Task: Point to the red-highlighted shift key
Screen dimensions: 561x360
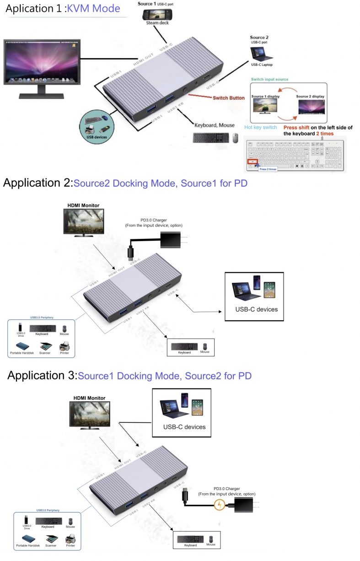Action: (252, 162)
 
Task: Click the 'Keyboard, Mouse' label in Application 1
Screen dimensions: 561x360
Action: (214, 125)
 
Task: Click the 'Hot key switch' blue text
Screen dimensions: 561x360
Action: (260, 127)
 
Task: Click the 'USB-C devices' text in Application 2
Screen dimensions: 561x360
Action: (256, 309)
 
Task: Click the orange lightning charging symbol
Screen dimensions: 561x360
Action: (220, 505)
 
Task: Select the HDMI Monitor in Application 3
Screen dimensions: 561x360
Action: (90, 415)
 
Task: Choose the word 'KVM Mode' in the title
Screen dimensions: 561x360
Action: (93, 8)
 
